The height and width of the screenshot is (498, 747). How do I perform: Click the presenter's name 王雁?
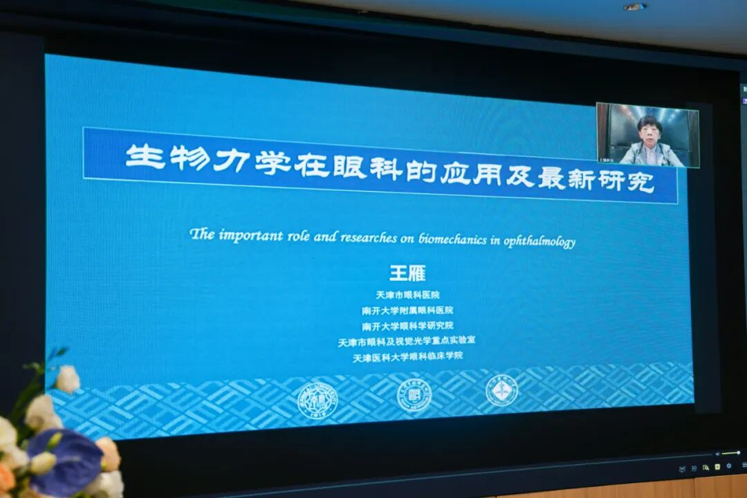pos(407,274)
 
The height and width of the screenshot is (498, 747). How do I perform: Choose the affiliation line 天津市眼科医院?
pos(407,295)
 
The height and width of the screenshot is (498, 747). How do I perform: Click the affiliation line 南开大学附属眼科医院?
pos(407,311)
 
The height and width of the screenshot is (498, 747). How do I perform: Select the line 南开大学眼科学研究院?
pos(407,326)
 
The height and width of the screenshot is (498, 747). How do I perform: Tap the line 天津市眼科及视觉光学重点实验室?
pos(407,341)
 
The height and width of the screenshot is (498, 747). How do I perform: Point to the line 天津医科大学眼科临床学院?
pos(407,357)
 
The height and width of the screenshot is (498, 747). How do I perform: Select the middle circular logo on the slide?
pos(414,396)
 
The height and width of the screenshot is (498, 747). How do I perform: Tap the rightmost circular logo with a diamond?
pos(501,391)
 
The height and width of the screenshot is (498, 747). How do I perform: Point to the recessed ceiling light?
pos(634,7)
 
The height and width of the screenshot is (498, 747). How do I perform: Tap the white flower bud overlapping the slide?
pos(68,379)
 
